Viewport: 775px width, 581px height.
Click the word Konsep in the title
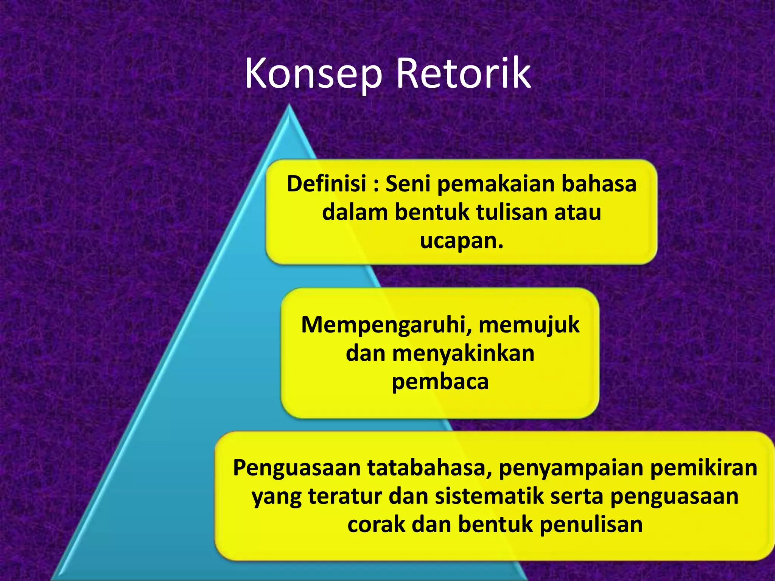pyautogui.click(x=313, y=74)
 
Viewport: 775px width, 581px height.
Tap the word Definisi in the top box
pyautogui.click(x=327, y=184)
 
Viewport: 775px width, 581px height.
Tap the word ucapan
pyautogui.click(x=461, y=241)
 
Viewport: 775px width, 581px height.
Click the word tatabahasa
pyautogui.click(x=430, y=468)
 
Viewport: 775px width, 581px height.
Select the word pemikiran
pyautogui.click(x=703, y=468)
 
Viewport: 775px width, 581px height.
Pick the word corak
pyautogui.click(x=376, y=525)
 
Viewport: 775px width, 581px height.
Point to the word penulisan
pyautogui.click(x=591, y=525)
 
